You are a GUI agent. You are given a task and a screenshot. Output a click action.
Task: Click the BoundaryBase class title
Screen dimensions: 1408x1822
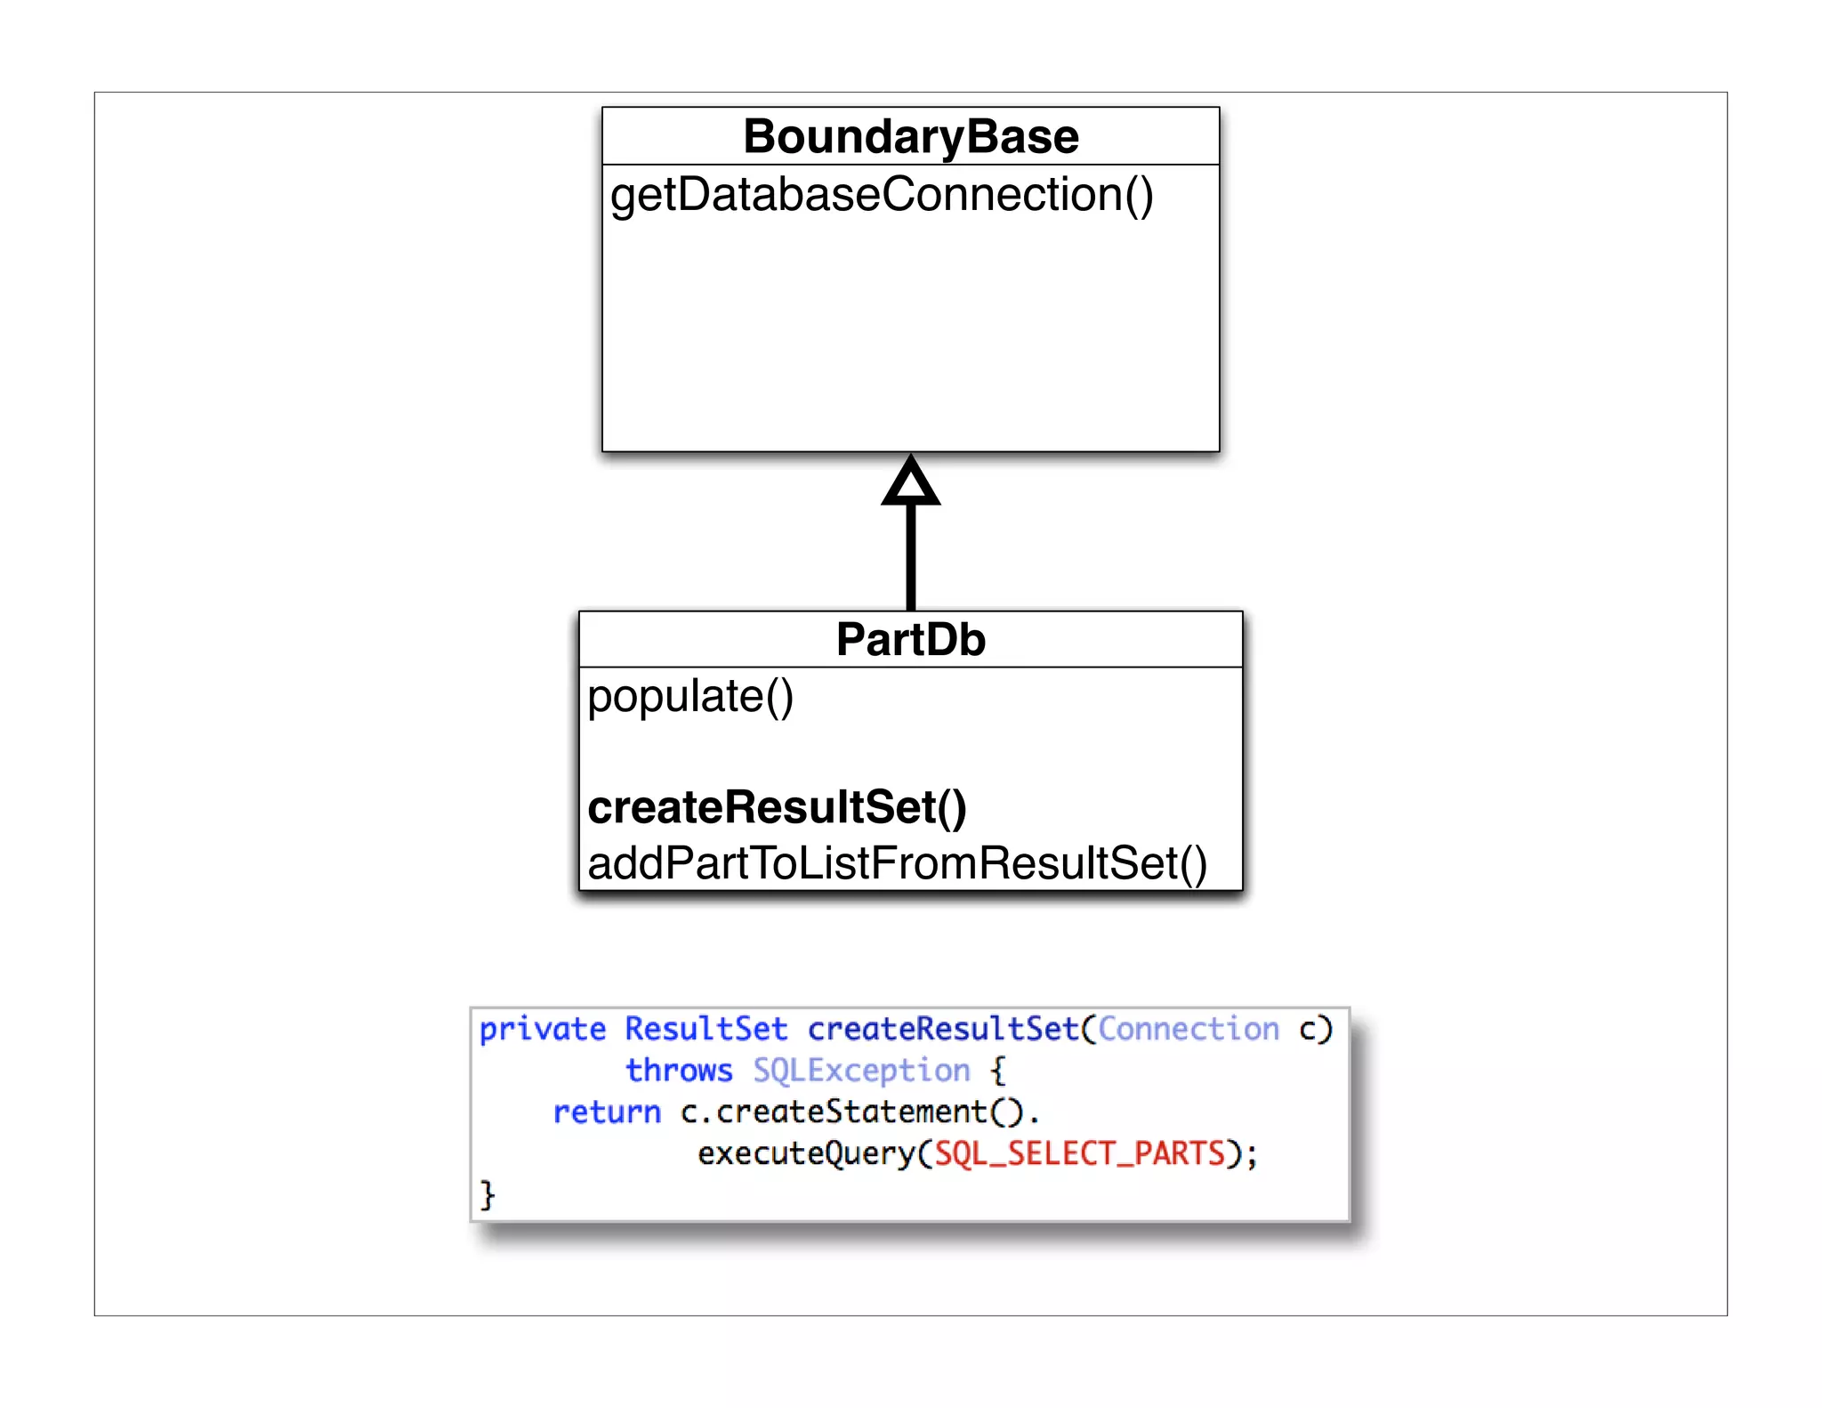[x=910, y=137]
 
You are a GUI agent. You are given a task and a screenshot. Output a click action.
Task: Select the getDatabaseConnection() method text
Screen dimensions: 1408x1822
[x=881, y=195]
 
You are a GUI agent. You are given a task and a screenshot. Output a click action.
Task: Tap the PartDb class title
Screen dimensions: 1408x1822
[x=910, y=640]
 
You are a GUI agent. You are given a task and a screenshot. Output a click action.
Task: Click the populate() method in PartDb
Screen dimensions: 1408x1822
[x=690, y=696]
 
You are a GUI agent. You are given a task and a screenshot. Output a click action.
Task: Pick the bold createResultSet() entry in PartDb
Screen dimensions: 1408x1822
[x=777, y=807]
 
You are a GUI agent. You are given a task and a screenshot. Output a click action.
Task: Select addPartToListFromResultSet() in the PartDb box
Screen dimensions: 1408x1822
[x=897, y=863]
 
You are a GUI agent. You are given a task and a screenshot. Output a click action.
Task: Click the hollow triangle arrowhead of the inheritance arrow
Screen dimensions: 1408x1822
[x=910, y=482]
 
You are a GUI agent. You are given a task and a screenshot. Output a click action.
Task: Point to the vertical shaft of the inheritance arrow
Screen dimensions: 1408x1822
[x=910, y=556]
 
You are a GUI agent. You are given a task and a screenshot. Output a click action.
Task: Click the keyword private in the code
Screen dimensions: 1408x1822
[x=542, y=1030]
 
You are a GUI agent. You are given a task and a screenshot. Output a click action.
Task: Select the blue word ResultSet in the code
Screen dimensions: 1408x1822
[x=705, y=1029]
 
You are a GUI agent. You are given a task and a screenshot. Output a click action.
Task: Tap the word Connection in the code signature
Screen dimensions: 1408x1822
[x=1188, y=1029]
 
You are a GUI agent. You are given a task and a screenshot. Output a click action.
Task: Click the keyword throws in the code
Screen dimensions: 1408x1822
[x=679, y=1071]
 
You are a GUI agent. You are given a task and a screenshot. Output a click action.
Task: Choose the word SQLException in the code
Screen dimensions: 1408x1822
[x=861, y=1071]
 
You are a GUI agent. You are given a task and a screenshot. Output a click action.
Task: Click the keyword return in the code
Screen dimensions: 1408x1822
[x=607, y=1113]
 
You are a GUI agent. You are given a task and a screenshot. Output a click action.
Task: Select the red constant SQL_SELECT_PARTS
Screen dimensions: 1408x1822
[x=1079, y=1154]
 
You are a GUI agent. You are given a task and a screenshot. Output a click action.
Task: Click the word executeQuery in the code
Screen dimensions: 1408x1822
[x=806, y=1154]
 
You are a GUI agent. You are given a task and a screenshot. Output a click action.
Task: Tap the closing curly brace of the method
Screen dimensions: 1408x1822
[x=487, y=1194]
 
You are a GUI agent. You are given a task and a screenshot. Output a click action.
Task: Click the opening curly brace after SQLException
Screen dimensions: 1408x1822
[x=998, y=1071]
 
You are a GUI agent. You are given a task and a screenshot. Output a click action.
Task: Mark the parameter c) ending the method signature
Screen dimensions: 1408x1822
[x=1315, y=1030]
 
